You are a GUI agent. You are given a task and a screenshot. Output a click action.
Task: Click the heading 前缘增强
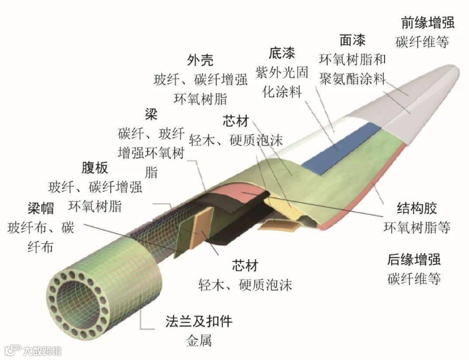tap(427, 22)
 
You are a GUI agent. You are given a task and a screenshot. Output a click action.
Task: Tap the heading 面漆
tap(352, 40)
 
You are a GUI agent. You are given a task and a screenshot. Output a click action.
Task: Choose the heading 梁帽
tap(41, 208)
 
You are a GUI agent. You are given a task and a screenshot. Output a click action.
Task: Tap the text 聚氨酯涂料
tap(352, 78)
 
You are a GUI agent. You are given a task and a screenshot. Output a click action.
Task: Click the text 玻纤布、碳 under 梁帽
tap(41, 228)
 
